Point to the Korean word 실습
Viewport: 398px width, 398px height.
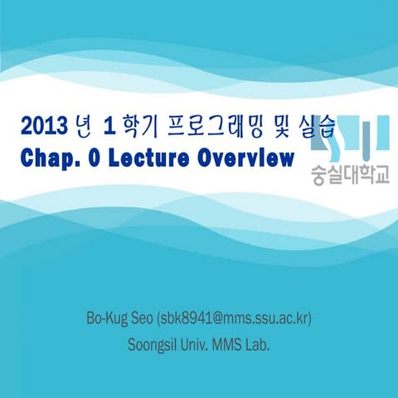point(316,126)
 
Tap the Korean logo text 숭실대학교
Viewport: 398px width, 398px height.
point(348,177)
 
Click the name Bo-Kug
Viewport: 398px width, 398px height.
point(107,318)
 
